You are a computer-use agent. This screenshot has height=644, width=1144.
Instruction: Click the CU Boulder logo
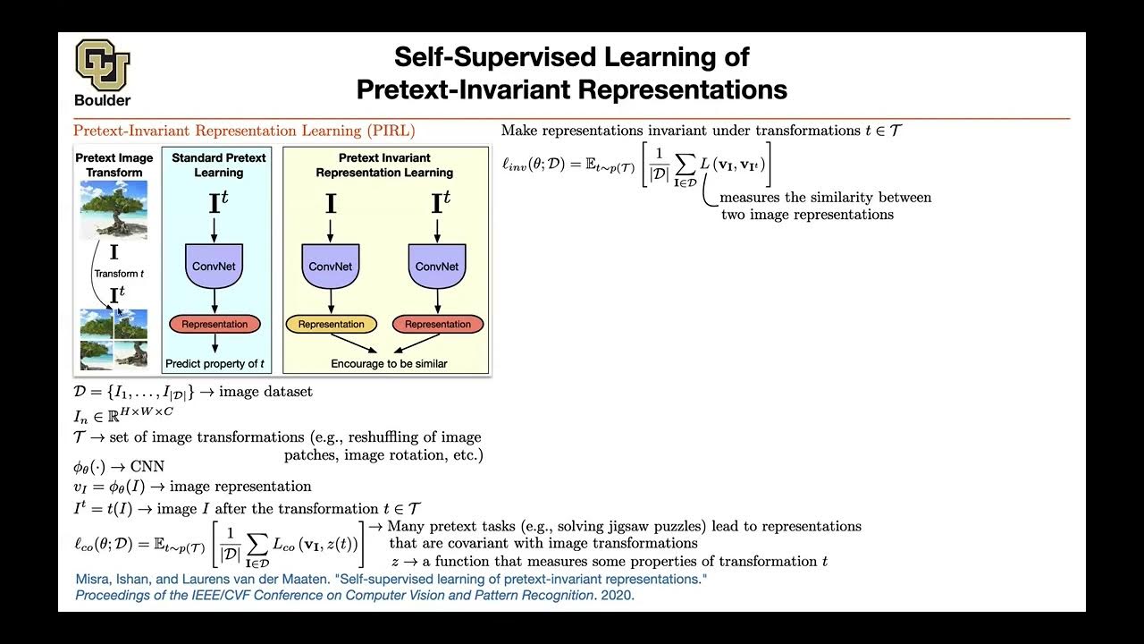click(103, 72)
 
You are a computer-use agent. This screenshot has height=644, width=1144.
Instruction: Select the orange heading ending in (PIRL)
click(244, 131)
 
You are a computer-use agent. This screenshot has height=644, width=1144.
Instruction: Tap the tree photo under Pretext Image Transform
click(114, 209)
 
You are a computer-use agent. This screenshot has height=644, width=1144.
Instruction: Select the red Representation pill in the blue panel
click(214, 325)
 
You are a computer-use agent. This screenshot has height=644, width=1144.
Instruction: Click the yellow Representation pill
click(331, 325)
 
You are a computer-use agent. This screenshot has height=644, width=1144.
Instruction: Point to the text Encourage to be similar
click(389, 364)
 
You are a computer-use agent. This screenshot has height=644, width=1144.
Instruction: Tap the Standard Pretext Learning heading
click(218, 165)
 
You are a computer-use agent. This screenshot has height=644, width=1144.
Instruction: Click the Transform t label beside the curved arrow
click(118, 274)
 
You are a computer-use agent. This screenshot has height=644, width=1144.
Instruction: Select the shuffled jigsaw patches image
click(114, 339)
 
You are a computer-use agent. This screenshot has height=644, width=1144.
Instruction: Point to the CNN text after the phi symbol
click(147, 466)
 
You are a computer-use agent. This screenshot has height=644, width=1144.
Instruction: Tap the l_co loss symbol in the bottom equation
click(88, 544)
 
